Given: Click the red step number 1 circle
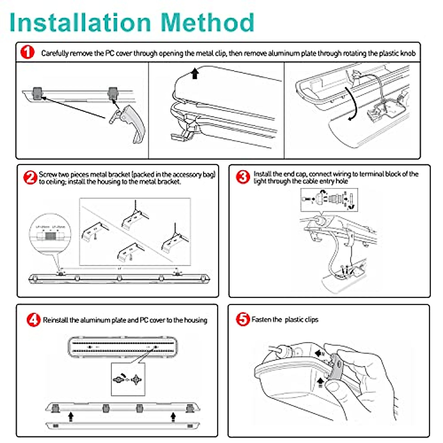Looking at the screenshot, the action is pyautogui.click(x=27, y=52).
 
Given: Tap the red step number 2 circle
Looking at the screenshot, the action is pyautogui.click(x=30, y=178).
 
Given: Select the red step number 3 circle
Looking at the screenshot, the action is pyautogui.click(x=243, y=177).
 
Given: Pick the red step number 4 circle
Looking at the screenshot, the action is pyautogui.click(x=33, y=320).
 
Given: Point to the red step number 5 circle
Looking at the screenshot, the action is pyautogui.click(x=243, y=319).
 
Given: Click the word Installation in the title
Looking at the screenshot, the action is pyautogui.click(x=80, y=23).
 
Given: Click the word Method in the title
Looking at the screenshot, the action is pyautogui.click(x=207, y=23).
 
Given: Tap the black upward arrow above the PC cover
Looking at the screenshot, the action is pyautogui.click(x=195, y=73).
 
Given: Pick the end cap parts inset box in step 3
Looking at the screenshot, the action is pyautogui.click(x=329, y=200).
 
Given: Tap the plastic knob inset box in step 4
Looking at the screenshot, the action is pyautogui.click(x=128, y=379).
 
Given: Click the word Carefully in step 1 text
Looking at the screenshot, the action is pyautogui.click(x=55, y=53).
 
